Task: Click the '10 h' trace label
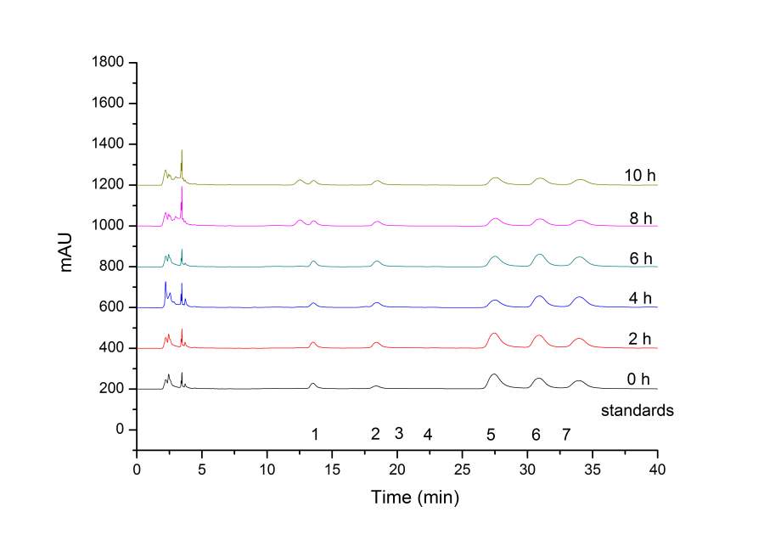tap(638, 176)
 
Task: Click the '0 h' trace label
tap(638, 379)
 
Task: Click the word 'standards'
tap(638, 411)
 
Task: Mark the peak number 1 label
tap(315, 435)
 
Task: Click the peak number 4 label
tap(428, 435)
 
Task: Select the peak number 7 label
tap(565, 435)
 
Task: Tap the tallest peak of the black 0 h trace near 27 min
tap(494, 374)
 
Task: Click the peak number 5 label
tap(491, 435)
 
